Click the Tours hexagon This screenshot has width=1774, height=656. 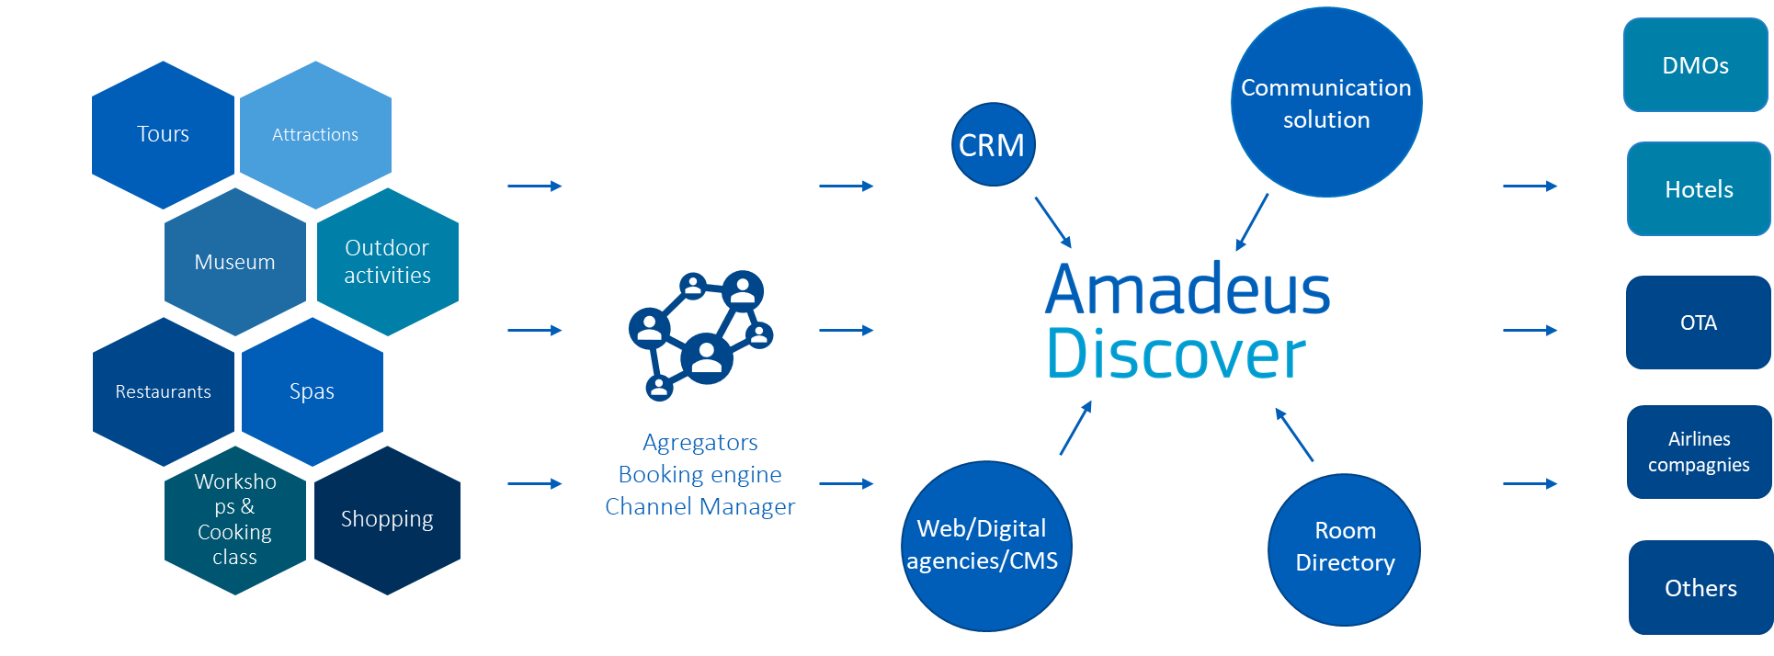(x=163, y=135)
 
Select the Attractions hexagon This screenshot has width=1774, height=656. (x=315, y=135)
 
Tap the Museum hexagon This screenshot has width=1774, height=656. (x=234, y=263)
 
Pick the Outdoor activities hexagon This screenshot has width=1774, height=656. (x=387, y=262)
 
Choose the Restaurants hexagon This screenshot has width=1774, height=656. (x=164, y=392)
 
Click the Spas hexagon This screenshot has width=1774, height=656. (x=312, y=392)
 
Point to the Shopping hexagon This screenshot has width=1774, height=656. (x=387, y=520)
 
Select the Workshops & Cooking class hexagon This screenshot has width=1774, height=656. (x=234, y=520)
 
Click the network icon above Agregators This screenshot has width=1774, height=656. (x=701, y=334)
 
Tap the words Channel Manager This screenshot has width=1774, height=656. (x=699, y=507)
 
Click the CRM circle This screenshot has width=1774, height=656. (x=992, y=145)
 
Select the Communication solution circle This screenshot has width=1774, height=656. (x=1325, y=103)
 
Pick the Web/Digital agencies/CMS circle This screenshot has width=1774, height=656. (x=985, y=546)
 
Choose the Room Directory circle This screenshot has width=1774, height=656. (x=1344, y=549)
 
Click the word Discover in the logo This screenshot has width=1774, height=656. (x=1176, y=355)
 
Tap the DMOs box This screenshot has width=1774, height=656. (x=1695, y=65)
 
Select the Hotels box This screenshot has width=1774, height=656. (x=1699, y=189)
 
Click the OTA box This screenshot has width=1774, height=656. (x=1698, y=322)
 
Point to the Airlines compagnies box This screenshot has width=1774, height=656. (x=1699, y=452)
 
